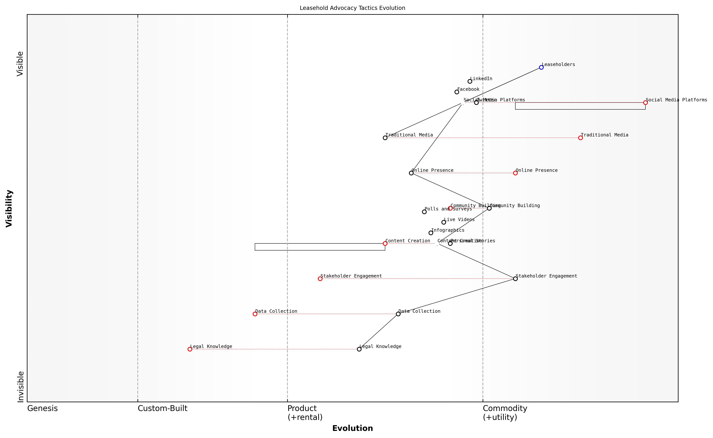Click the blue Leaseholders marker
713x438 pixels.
541,67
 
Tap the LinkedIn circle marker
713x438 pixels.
470,81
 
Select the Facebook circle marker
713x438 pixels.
457,92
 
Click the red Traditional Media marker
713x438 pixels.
580,138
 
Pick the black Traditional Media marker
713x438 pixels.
385,138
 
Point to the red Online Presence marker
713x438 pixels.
516,173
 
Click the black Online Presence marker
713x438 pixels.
411,173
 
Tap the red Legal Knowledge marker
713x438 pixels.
190,349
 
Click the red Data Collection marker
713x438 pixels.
255,314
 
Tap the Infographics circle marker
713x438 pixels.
431,233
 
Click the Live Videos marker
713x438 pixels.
444,223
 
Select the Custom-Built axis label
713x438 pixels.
162,408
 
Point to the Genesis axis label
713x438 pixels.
42,408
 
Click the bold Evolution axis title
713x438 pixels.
352,428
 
